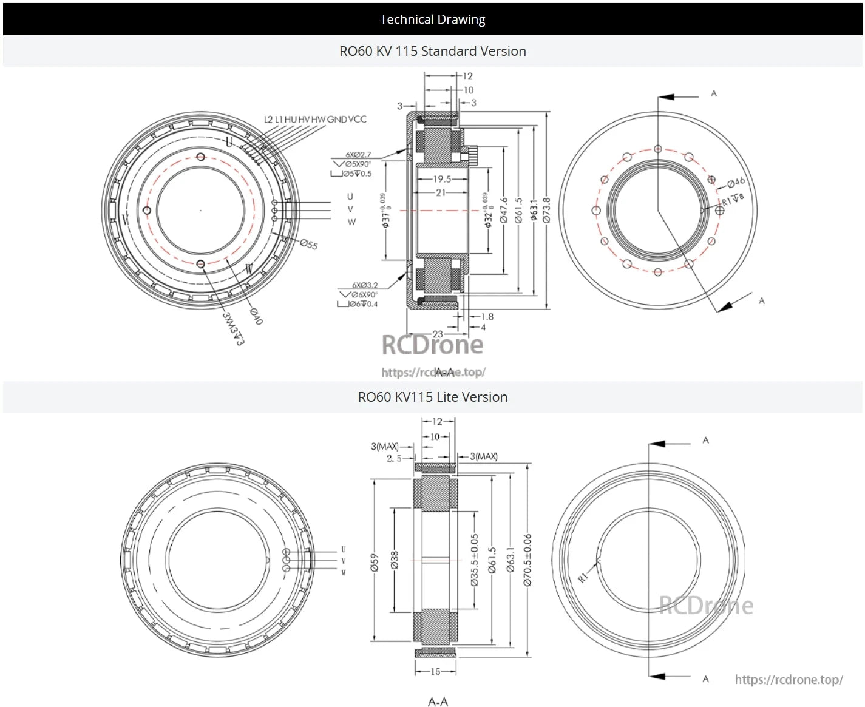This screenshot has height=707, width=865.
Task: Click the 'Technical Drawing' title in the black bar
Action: point(432,19)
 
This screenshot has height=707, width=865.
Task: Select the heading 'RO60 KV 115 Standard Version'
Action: point(432,51)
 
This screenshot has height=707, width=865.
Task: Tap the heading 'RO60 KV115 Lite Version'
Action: point(432,397)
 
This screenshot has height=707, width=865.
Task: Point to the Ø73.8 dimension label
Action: point(547,210)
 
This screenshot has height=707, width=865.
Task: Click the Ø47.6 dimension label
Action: point(504,210)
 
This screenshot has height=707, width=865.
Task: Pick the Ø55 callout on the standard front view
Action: point(309,245)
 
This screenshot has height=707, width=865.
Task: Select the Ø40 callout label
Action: point(257,316)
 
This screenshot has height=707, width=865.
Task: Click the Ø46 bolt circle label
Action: point(736,181)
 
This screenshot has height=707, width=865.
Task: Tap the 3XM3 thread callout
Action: point(232,328)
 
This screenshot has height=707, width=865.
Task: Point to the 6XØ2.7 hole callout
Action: point(358,155)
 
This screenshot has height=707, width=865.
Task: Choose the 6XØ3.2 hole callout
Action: point(365,285)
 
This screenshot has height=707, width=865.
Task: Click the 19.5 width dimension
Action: point(442,179)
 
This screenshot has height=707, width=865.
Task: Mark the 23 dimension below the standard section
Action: point(438,334)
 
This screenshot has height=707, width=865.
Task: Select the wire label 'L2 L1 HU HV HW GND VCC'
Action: point(315,120)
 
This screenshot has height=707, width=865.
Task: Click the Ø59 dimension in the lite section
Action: point(375,562)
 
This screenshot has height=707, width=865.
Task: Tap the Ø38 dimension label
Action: point(395,560)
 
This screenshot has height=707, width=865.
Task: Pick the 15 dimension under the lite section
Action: point(435,671)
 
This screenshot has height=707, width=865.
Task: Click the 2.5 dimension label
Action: point(394,458)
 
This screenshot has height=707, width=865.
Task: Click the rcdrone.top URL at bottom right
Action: point(789,680)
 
